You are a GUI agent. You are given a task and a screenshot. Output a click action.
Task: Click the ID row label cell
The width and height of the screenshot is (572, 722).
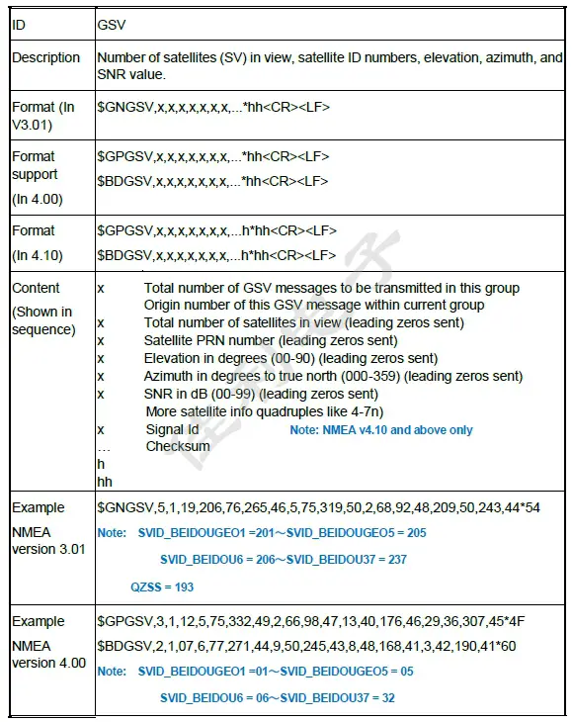(x=19, y=23)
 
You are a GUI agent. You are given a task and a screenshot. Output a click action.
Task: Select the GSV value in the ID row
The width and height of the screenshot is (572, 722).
(x=112, y=23)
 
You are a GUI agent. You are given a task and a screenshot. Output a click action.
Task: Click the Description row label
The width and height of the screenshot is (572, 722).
(x=45, y=58)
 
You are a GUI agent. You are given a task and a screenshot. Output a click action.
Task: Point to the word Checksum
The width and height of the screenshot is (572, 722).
(x=178, y=446)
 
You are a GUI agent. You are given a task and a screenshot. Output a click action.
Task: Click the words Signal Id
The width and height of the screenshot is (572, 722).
(x=172, y=429)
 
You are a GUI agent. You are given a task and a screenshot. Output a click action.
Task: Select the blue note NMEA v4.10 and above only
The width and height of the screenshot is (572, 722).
(x=381, y=430)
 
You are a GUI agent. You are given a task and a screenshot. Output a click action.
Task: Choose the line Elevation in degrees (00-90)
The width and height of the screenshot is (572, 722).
(x=290, y=358)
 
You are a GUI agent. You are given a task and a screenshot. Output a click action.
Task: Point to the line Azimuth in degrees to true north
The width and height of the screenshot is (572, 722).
(x=333, y=376)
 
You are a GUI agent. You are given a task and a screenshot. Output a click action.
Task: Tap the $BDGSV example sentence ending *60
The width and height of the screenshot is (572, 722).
(x=307, y=646)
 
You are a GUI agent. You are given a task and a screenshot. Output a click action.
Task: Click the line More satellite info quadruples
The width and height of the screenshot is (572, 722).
(x=264, y=410)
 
